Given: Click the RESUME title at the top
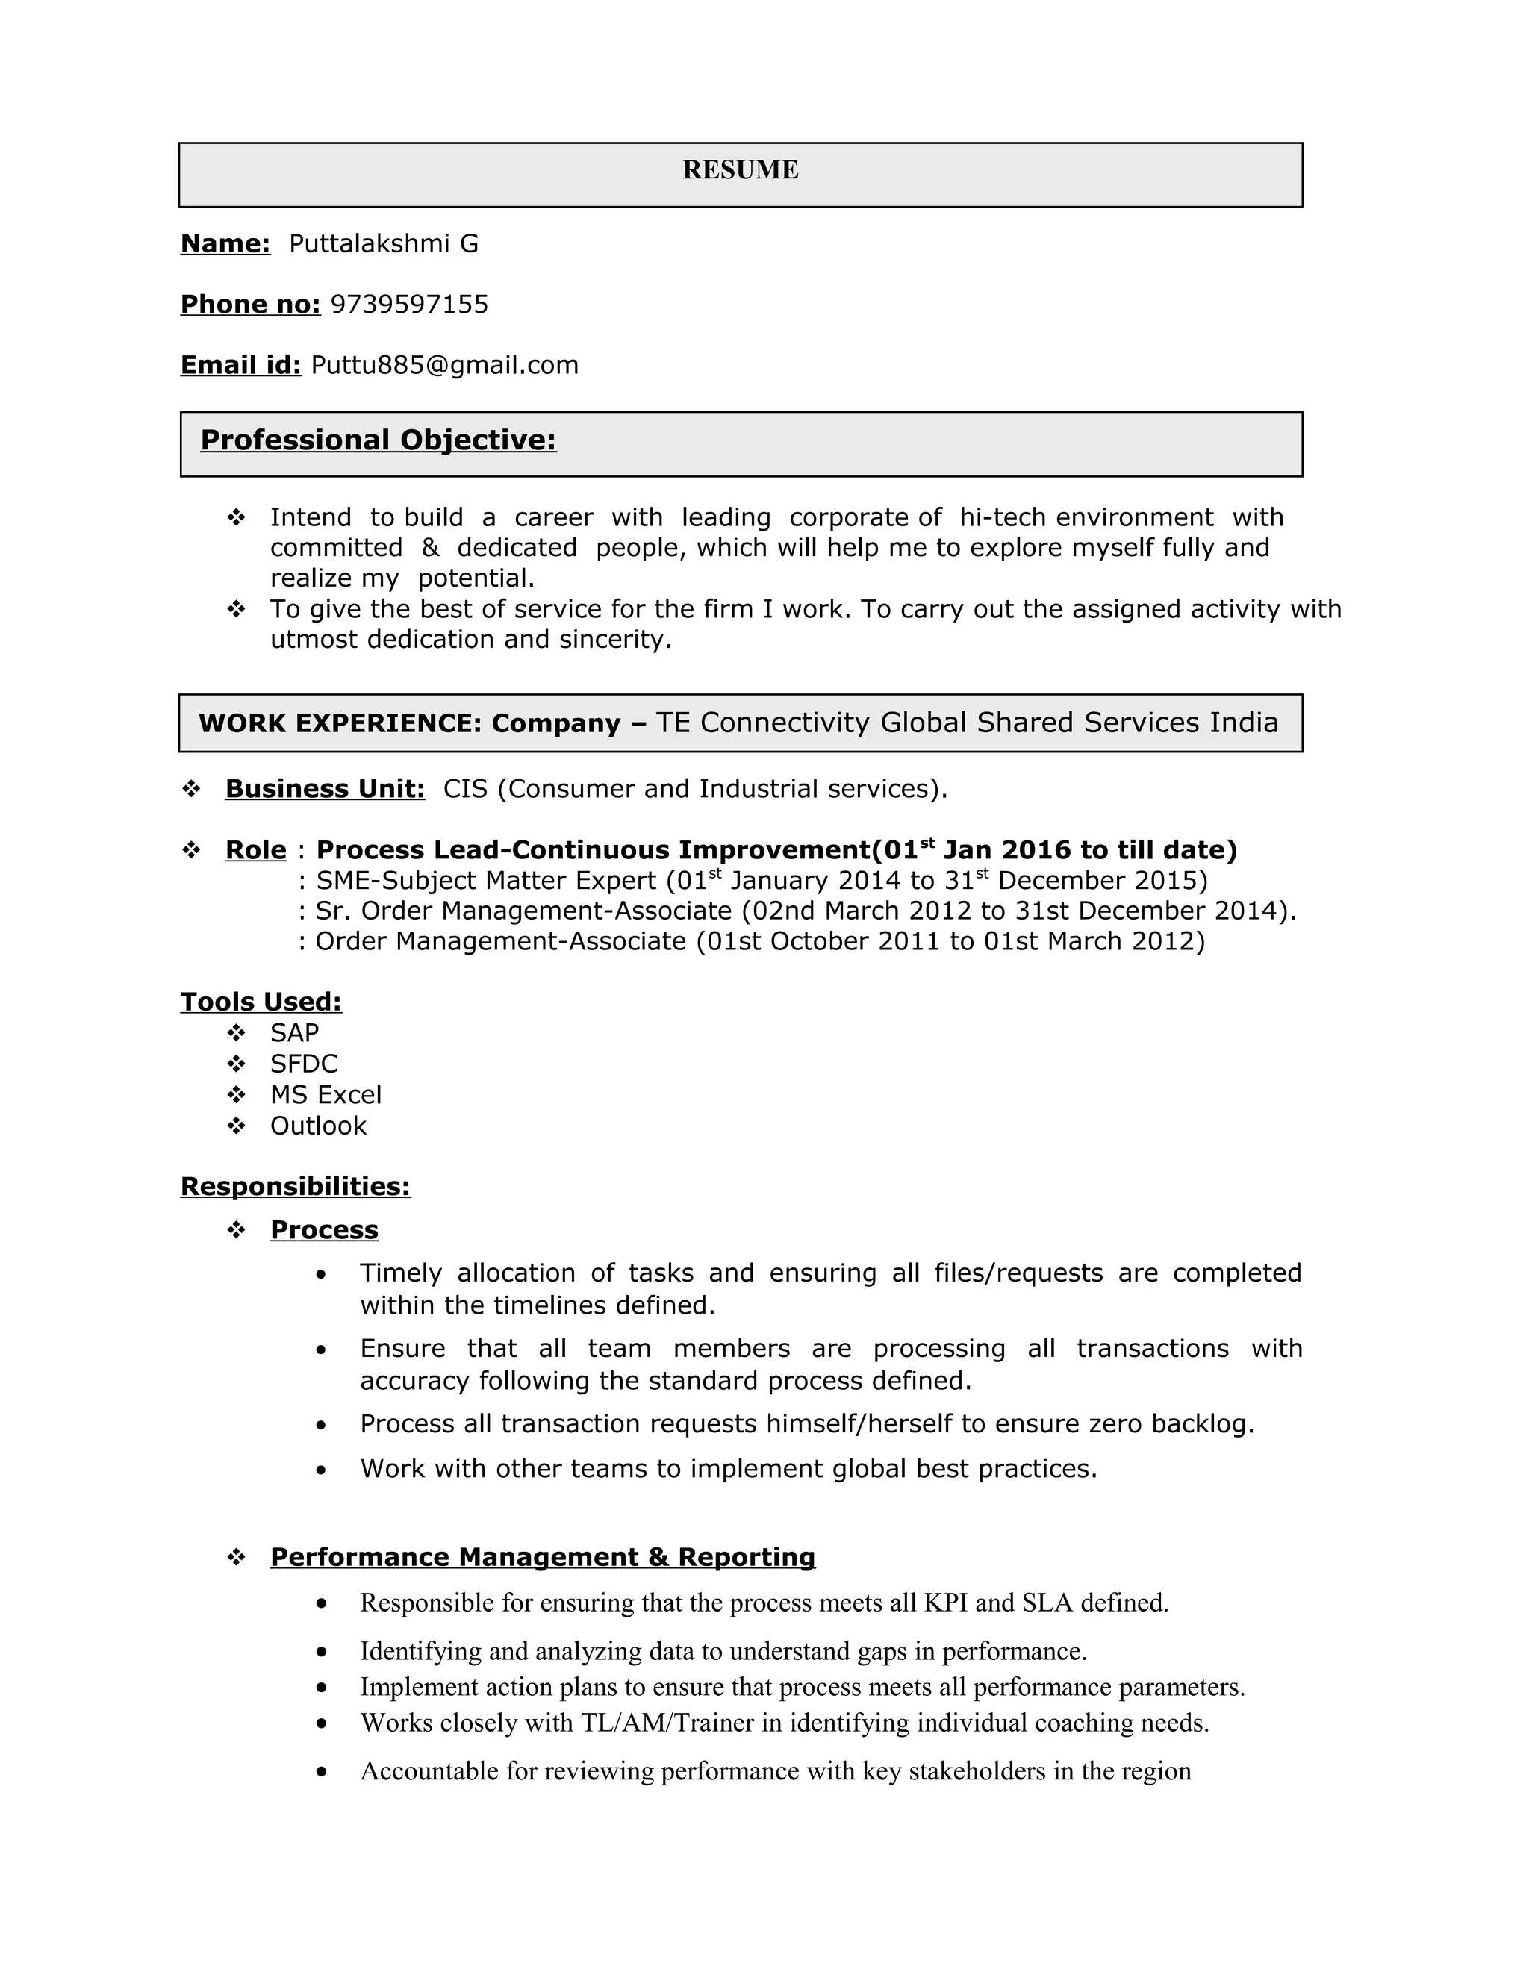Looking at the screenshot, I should (740, 170).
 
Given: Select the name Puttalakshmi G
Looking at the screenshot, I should (383, 243).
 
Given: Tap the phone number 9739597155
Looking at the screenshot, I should (409, 305).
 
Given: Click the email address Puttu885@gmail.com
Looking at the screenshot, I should (445, 365).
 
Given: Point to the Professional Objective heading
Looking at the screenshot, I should (378, 440).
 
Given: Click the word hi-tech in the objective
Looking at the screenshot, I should (1002, 517).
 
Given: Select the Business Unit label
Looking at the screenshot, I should (324, 789).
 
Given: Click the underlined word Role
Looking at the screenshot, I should (255, 850).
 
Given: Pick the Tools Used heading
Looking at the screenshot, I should (261, 1002).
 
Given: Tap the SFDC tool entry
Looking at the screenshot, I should (303, 1064).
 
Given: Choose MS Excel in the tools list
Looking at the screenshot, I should (326, 1095).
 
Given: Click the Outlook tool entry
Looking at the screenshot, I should (318, 1126).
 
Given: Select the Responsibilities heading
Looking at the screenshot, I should (296, 1187).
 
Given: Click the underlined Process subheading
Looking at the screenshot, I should (324, 1230).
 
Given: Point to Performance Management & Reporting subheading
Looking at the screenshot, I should (543, 1557).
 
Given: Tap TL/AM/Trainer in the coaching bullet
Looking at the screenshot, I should (667, 1723).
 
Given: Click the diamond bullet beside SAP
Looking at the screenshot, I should (237, 1033).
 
